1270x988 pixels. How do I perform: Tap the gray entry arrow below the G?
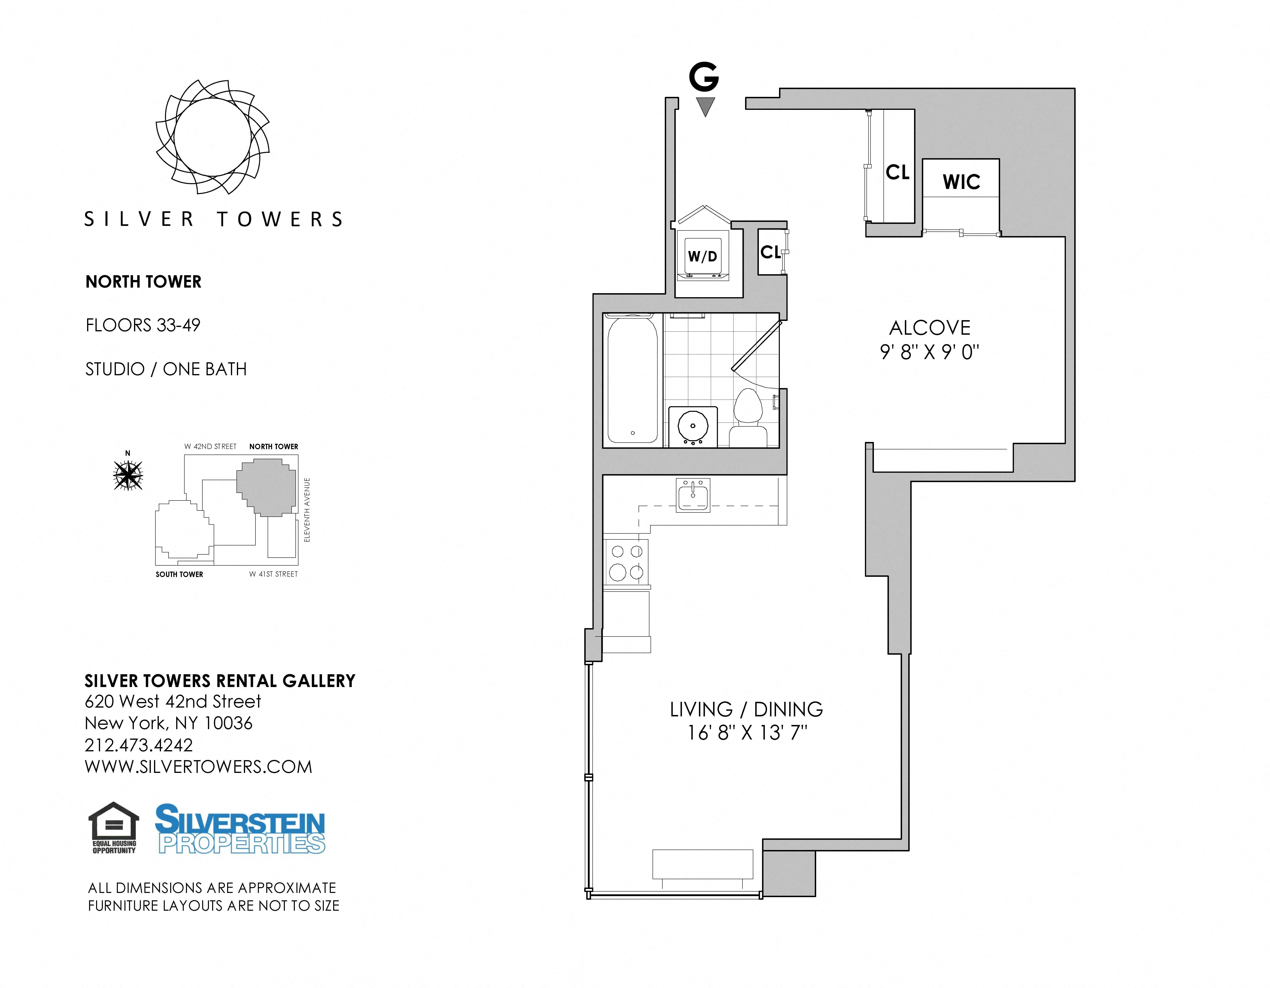tap(705, 106)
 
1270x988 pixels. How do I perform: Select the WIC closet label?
tap(961, 182)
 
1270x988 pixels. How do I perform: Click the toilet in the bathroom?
tap(748, 418)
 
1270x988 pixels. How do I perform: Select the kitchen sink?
tap(693, 495)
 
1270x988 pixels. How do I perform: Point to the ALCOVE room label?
tap(930, 328)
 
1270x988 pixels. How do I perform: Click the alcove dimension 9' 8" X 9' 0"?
tap(930, 352)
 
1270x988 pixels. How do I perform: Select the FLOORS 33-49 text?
tap(143, 325)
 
